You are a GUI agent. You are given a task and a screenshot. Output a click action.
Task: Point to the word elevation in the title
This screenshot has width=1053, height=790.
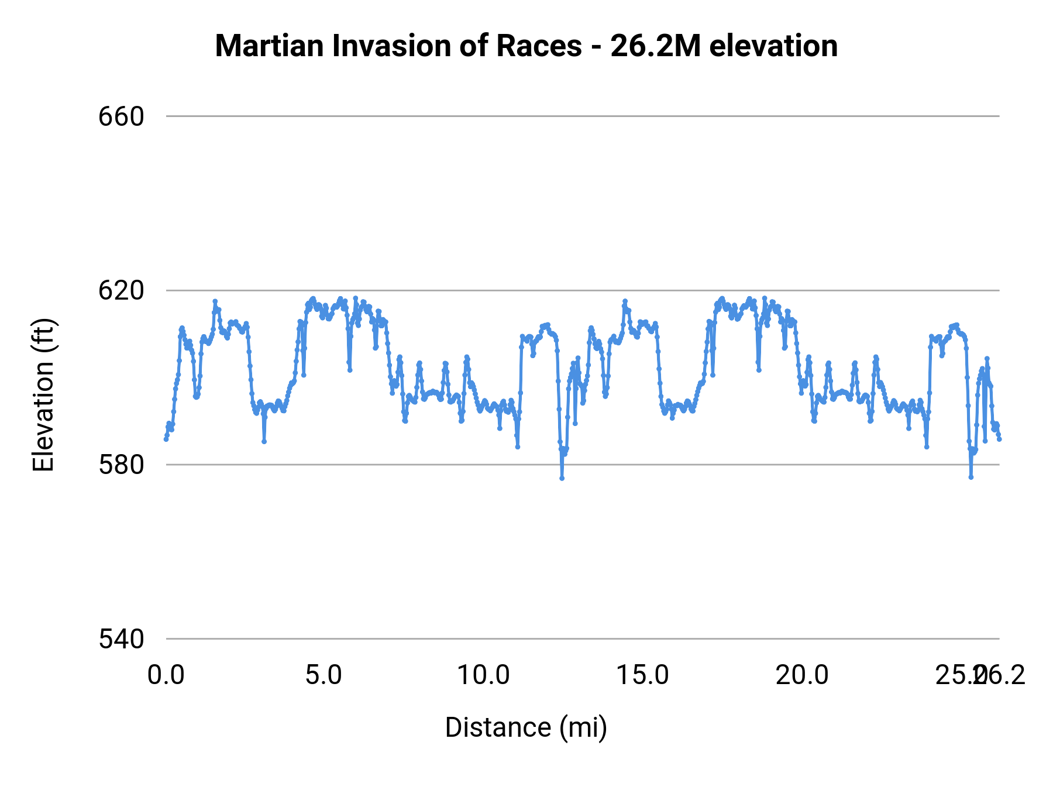[773, 46]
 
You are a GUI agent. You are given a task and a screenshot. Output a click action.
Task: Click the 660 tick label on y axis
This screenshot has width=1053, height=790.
[121, 116]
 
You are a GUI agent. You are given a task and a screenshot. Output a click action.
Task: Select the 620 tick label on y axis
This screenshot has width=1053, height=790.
[121, 290]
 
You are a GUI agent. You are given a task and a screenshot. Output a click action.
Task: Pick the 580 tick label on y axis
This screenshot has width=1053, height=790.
[121, 465]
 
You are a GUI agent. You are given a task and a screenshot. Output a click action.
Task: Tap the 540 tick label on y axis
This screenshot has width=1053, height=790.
[121, 639]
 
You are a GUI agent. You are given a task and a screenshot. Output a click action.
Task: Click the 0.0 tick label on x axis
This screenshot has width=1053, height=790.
[166, 675]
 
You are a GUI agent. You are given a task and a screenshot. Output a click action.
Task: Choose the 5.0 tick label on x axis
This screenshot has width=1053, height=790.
[324, 675]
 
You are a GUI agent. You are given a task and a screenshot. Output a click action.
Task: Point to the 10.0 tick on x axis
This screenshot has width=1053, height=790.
[483, 675]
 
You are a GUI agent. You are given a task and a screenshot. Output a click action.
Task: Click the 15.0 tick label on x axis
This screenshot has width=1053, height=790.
[643, 675]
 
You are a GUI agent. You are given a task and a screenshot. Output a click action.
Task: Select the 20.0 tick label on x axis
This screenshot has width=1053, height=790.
[802, 675]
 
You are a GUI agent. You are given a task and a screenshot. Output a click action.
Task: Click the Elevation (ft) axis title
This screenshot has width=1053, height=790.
[43, 395]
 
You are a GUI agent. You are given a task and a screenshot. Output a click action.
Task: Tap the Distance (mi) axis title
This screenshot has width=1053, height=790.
[526, 727]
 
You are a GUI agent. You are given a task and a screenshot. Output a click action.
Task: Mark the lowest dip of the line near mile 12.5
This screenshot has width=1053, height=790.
[562, 478]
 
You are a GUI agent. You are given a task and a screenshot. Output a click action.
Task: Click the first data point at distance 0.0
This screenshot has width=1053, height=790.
[166, 439]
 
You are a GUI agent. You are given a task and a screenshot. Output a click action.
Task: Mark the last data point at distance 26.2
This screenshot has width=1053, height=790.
[999, 439]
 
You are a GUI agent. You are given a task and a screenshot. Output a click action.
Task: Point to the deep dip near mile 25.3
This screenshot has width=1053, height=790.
[971, 477]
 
